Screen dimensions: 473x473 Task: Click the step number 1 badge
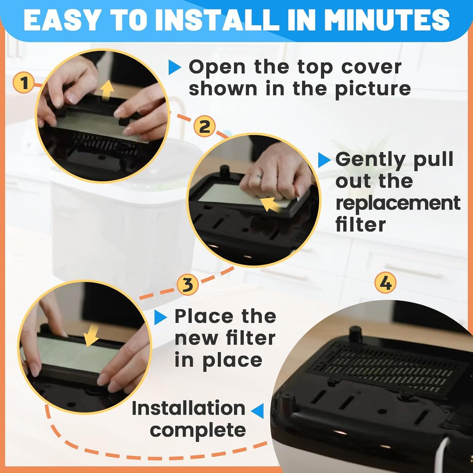click(24, 83)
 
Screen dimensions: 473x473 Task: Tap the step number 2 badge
click(204, 126)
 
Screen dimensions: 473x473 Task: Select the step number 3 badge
click(188, 284)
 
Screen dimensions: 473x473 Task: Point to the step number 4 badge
click(385, 282)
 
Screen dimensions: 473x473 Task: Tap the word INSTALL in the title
click(216, 20)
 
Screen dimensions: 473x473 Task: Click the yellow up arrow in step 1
click(107, 91)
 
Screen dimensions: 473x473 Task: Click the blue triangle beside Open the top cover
click(174, 68)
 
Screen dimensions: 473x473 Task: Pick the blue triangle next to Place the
click(160, 317)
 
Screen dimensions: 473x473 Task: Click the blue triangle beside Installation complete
click(258, 410)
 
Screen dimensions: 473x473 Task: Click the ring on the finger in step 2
click(260, 177)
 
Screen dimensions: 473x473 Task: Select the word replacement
click(398, 203)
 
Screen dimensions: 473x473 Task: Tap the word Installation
click(188, 409)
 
